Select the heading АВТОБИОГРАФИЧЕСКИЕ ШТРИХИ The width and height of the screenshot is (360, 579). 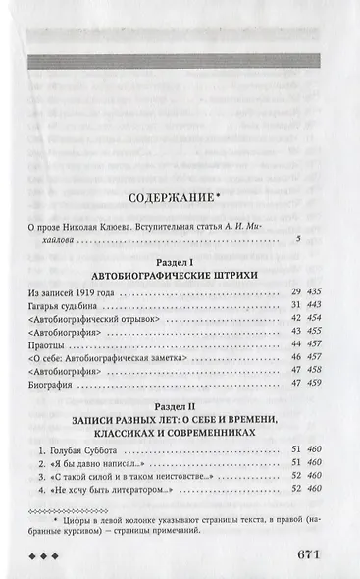coord(180,276)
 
